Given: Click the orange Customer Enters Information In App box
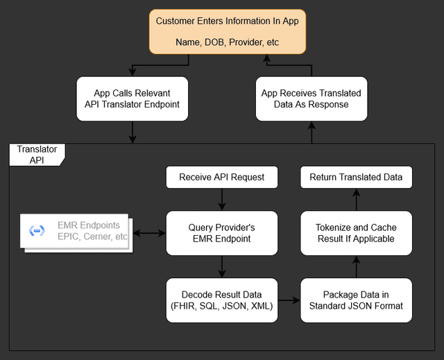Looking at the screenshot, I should coord(227,31).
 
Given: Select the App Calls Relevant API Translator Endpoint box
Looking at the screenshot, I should coord(132,99).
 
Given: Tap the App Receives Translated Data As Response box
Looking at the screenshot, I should coord(311,99).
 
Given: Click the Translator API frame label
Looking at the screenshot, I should coord(37,155).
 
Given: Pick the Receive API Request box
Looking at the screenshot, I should coord(221,177).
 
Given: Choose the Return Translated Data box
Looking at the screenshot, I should coord(356,177).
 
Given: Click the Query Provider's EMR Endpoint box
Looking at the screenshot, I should coord(221,233).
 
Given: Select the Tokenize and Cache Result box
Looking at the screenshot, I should coord(356,233).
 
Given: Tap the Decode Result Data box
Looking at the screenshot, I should coord(221,300).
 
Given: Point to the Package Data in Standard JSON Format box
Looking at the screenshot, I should coord(356,300).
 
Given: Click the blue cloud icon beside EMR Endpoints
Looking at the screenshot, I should coord(37,231).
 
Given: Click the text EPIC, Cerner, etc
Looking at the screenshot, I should coord(92,237).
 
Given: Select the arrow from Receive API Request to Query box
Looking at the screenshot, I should coord(221,199).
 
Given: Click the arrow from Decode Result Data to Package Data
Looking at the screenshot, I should coord(289,300).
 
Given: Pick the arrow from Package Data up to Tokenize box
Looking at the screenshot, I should coord(356,266).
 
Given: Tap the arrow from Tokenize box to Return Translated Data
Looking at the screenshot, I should coord(356,199).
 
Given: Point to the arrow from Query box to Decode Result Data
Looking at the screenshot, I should coord(221,266).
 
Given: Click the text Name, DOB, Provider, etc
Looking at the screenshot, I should coord(227,42).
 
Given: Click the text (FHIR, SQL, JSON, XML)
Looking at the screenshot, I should coord(221,306).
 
